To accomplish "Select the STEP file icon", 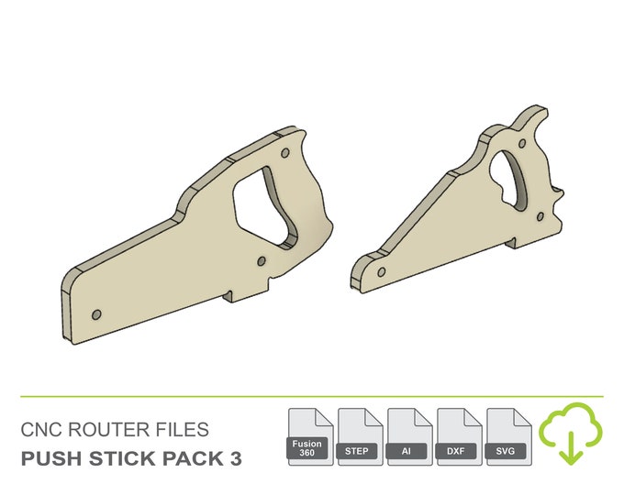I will [361, 437].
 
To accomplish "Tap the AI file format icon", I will [409, 437].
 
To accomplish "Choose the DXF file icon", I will [459, 437].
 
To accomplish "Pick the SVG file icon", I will [507, 437].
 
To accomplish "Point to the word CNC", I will [42, 430].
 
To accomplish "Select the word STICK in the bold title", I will [127, 457].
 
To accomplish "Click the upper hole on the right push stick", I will [526, 144].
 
